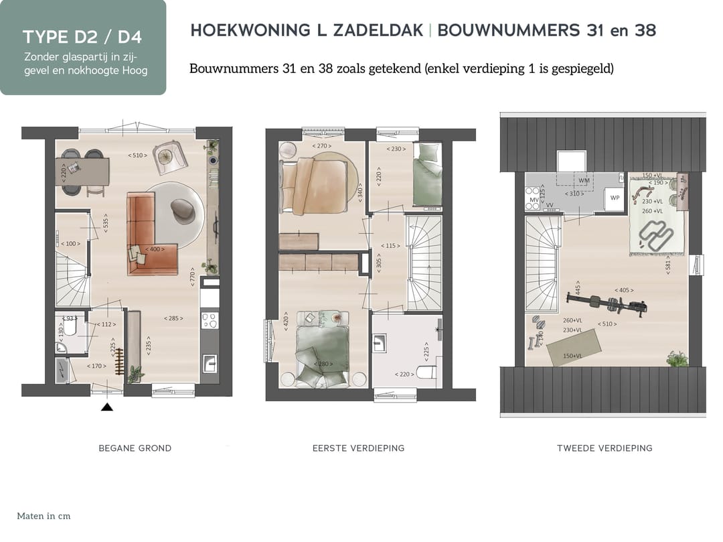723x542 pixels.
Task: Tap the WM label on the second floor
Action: [584, 181]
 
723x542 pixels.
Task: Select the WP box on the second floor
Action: [615, 199]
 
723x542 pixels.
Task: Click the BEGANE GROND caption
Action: [135, 448]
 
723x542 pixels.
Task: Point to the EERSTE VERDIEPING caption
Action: [358, 448]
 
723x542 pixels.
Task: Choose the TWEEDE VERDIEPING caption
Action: [604, 448]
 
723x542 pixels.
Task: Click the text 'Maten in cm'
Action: [44, 516]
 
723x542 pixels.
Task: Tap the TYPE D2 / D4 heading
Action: [82, 36]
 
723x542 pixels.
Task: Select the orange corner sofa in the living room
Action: [144, 234]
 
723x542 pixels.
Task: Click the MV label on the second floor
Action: [534, 200]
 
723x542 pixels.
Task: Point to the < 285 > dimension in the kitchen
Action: [173, 318]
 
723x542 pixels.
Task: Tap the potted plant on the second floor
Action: [677, 358]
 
